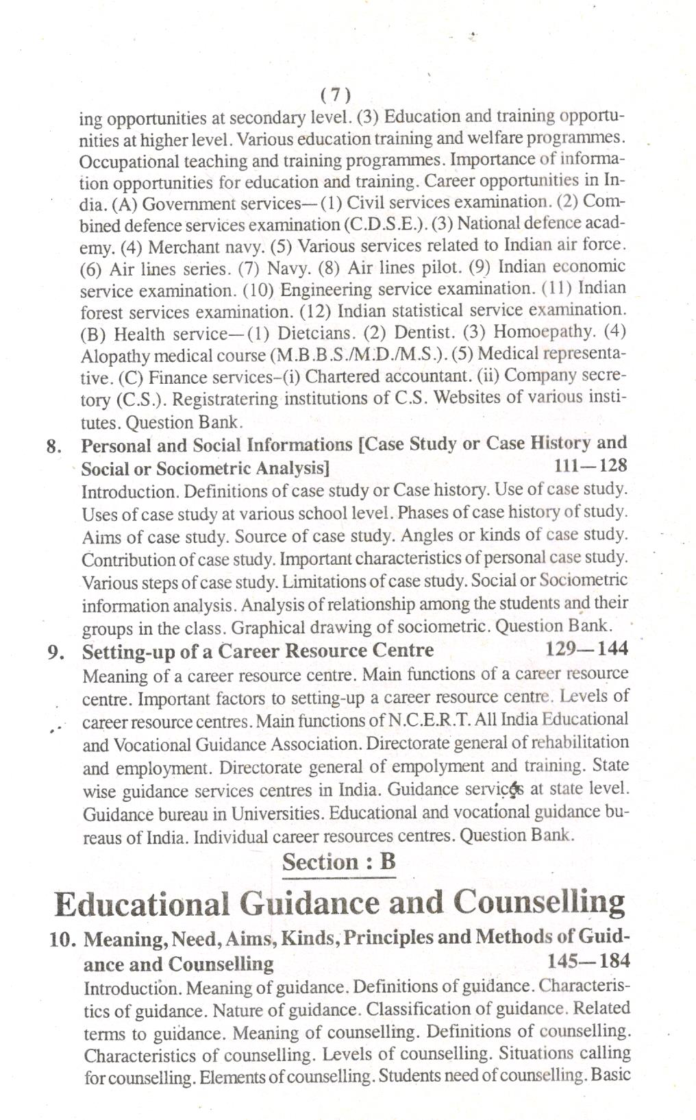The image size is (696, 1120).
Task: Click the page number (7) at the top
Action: (x=336, y=95)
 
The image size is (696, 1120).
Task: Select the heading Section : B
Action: (x=339, y=862)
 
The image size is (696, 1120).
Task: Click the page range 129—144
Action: (x=587, y=648)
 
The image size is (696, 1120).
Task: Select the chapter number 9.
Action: (x=56, y=651)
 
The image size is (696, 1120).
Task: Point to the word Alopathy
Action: (x=113, y=356)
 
